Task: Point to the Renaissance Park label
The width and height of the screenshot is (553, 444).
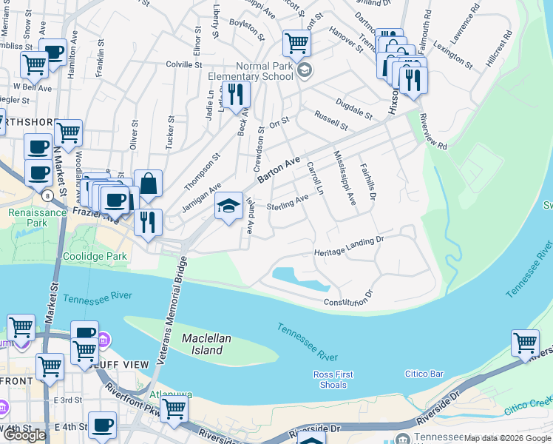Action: (27, 216)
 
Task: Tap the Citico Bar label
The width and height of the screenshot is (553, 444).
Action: (424, 374)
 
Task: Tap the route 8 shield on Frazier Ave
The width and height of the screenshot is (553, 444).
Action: (47, 196)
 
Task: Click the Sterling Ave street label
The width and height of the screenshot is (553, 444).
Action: (288, 201)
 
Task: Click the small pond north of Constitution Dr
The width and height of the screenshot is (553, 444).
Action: (299, 278)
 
